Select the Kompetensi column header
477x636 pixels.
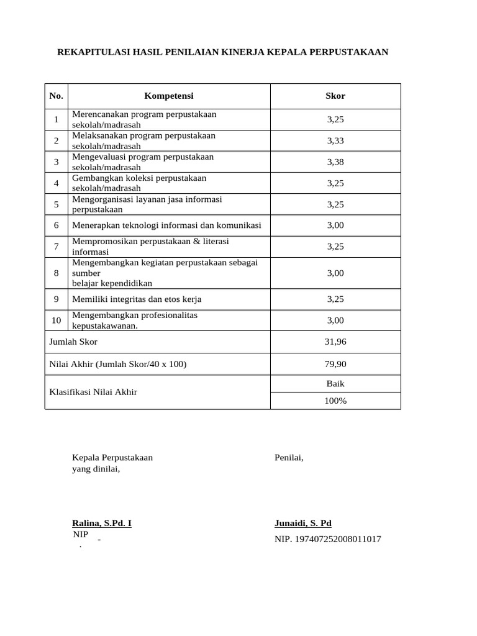[169, 96]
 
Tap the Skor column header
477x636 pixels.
[335, 96]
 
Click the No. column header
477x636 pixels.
[57, 96]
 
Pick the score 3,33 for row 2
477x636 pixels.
[335, 141]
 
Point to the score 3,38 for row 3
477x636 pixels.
[335, 162]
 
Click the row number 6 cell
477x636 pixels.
[57, 225]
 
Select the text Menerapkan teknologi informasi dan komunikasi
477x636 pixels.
[166, 225]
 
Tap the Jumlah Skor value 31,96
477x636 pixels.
[335, 342]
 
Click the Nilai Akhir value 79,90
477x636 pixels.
[335, 364]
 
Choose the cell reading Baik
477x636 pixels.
[335, 384]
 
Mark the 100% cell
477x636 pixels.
[335, 401]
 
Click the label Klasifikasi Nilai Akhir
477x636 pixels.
[93, 392]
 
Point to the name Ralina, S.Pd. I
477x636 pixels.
[102, 523]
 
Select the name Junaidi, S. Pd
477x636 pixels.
[303, 523]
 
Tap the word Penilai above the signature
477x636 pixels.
[289, 458]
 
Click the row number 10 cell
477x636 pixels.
[57, 320]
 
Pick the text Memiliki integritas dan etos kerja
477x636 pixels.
[137, 299]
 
